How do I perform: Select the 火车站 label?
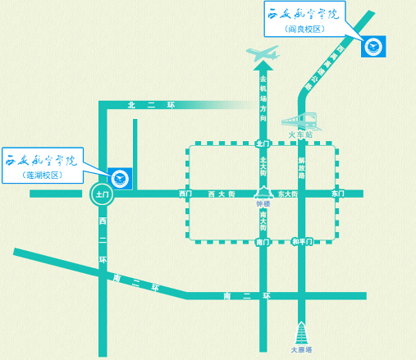click(301, 134)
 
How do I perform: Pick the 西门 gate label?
click(185, 194)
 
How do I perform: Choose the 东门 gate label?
click(336, 194)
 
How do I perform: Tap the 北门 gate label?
click(263, 144)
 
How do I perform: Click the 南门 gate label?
click(263, 242)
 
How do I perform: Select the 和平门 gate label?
click(302, 242)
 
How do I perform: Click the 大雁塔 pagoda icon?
click(302, 333)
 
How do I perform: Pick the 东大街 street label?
click(287, 194)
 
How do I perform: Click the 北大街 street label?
click(263, 166)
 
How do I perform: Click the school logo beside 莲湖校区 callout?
click(121, 176)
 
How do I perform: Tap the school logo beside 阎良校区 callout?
click(374, 45)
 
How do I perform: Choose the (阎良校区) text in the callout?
click(307, 29)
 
